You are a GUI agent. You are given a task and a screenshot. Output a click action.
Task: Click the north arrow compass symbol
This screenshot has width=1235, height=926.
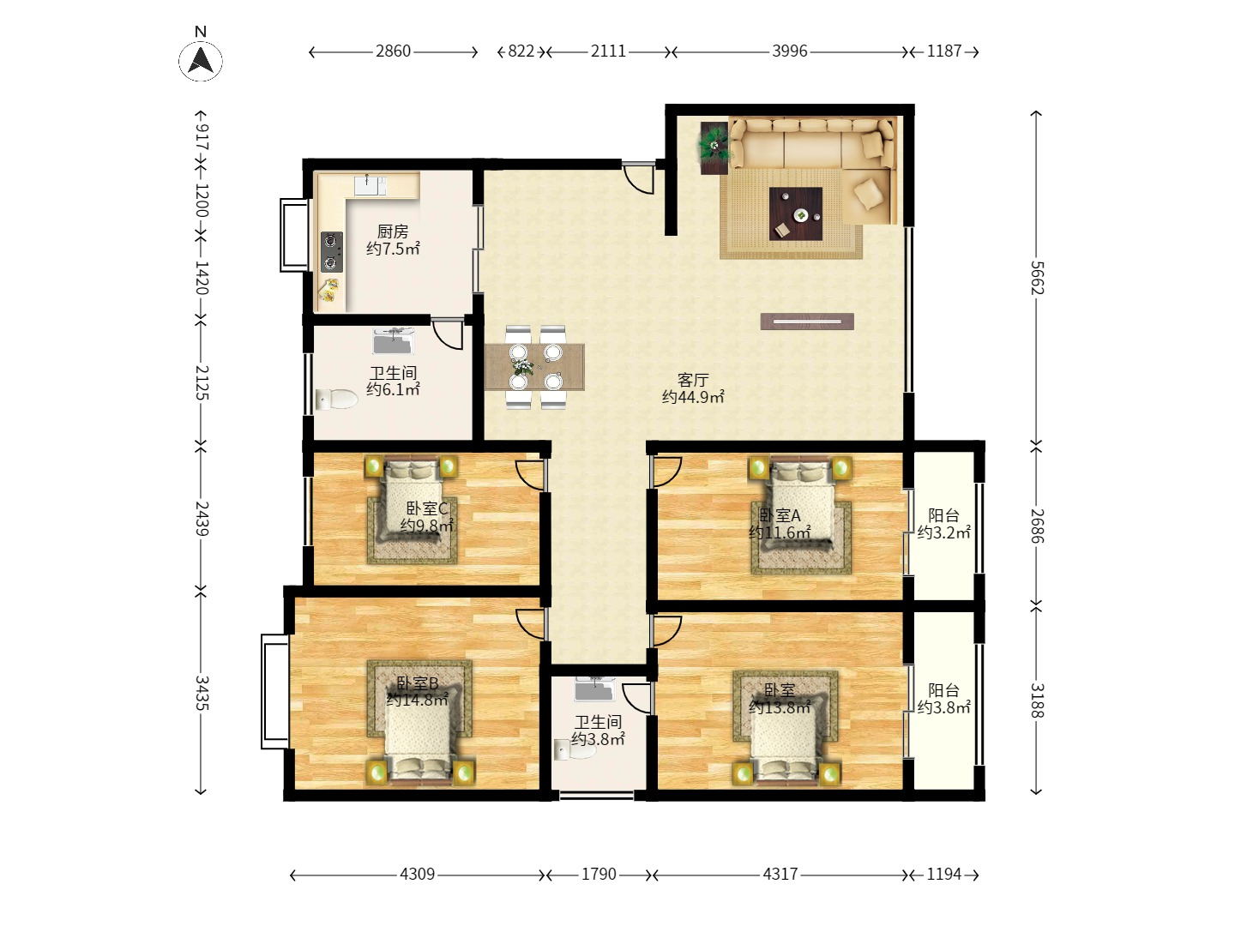[x=201, y=59]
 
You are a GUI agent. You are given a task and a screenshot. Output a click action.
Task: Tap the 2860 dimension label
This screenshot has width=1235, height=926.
[x=394, y=51]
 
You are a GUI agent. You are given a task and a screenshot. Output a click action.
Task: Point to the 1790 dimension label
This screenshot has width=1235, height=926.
[x=599, y=875]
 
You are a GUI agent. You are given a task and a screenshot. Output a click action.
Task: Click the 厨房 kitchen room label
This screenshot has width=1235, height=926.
[x=392, y=231]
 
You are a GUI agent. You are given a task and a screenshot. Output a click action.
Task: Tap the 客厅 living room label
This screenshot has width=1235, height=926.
[x=693, y=380]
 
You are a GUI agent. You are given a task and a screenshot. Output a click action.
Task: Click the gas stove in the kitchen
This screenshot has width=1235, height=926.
[x=331, y=252]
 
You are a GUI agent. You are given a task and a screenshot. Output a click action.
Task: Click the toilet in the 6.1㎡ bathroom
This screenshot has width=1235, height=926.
[x=336, y=400]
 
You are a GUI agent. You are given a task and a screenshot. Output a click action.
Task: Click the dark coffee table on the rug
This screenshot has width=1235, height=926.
[x=796, y=213]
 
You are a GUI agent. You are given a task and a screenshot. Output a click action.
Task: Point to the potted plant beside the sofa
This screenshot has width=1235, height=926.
[x=714, y=145]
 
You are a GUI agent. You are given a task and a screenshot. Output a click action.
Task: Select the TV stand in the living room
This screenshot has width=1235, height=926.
[x=807, y=322]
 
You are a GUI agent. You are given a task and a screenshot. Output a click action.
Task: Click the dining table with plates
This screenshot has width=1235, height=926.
[x=534, y=367]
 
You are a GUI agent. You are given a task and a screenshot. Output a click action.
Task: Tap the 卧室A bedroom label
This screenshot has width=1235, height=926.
[x=780, y=515]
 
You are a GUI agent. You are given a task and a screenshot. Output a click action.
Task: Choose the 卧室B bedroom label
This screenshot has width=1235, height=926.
[x=417, y=683]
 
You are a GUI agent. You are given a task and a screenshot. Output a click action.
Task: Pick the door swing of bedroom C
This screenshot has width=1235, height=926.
[x=529, y=476]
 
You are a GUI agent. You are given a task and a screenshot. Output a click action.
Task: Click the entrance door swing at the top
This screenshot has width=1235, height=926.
[x=640, y=178]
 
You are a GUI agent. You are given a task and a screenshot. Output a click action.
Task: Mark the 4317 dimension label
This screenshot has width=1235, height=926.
[x=780, y=875]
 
